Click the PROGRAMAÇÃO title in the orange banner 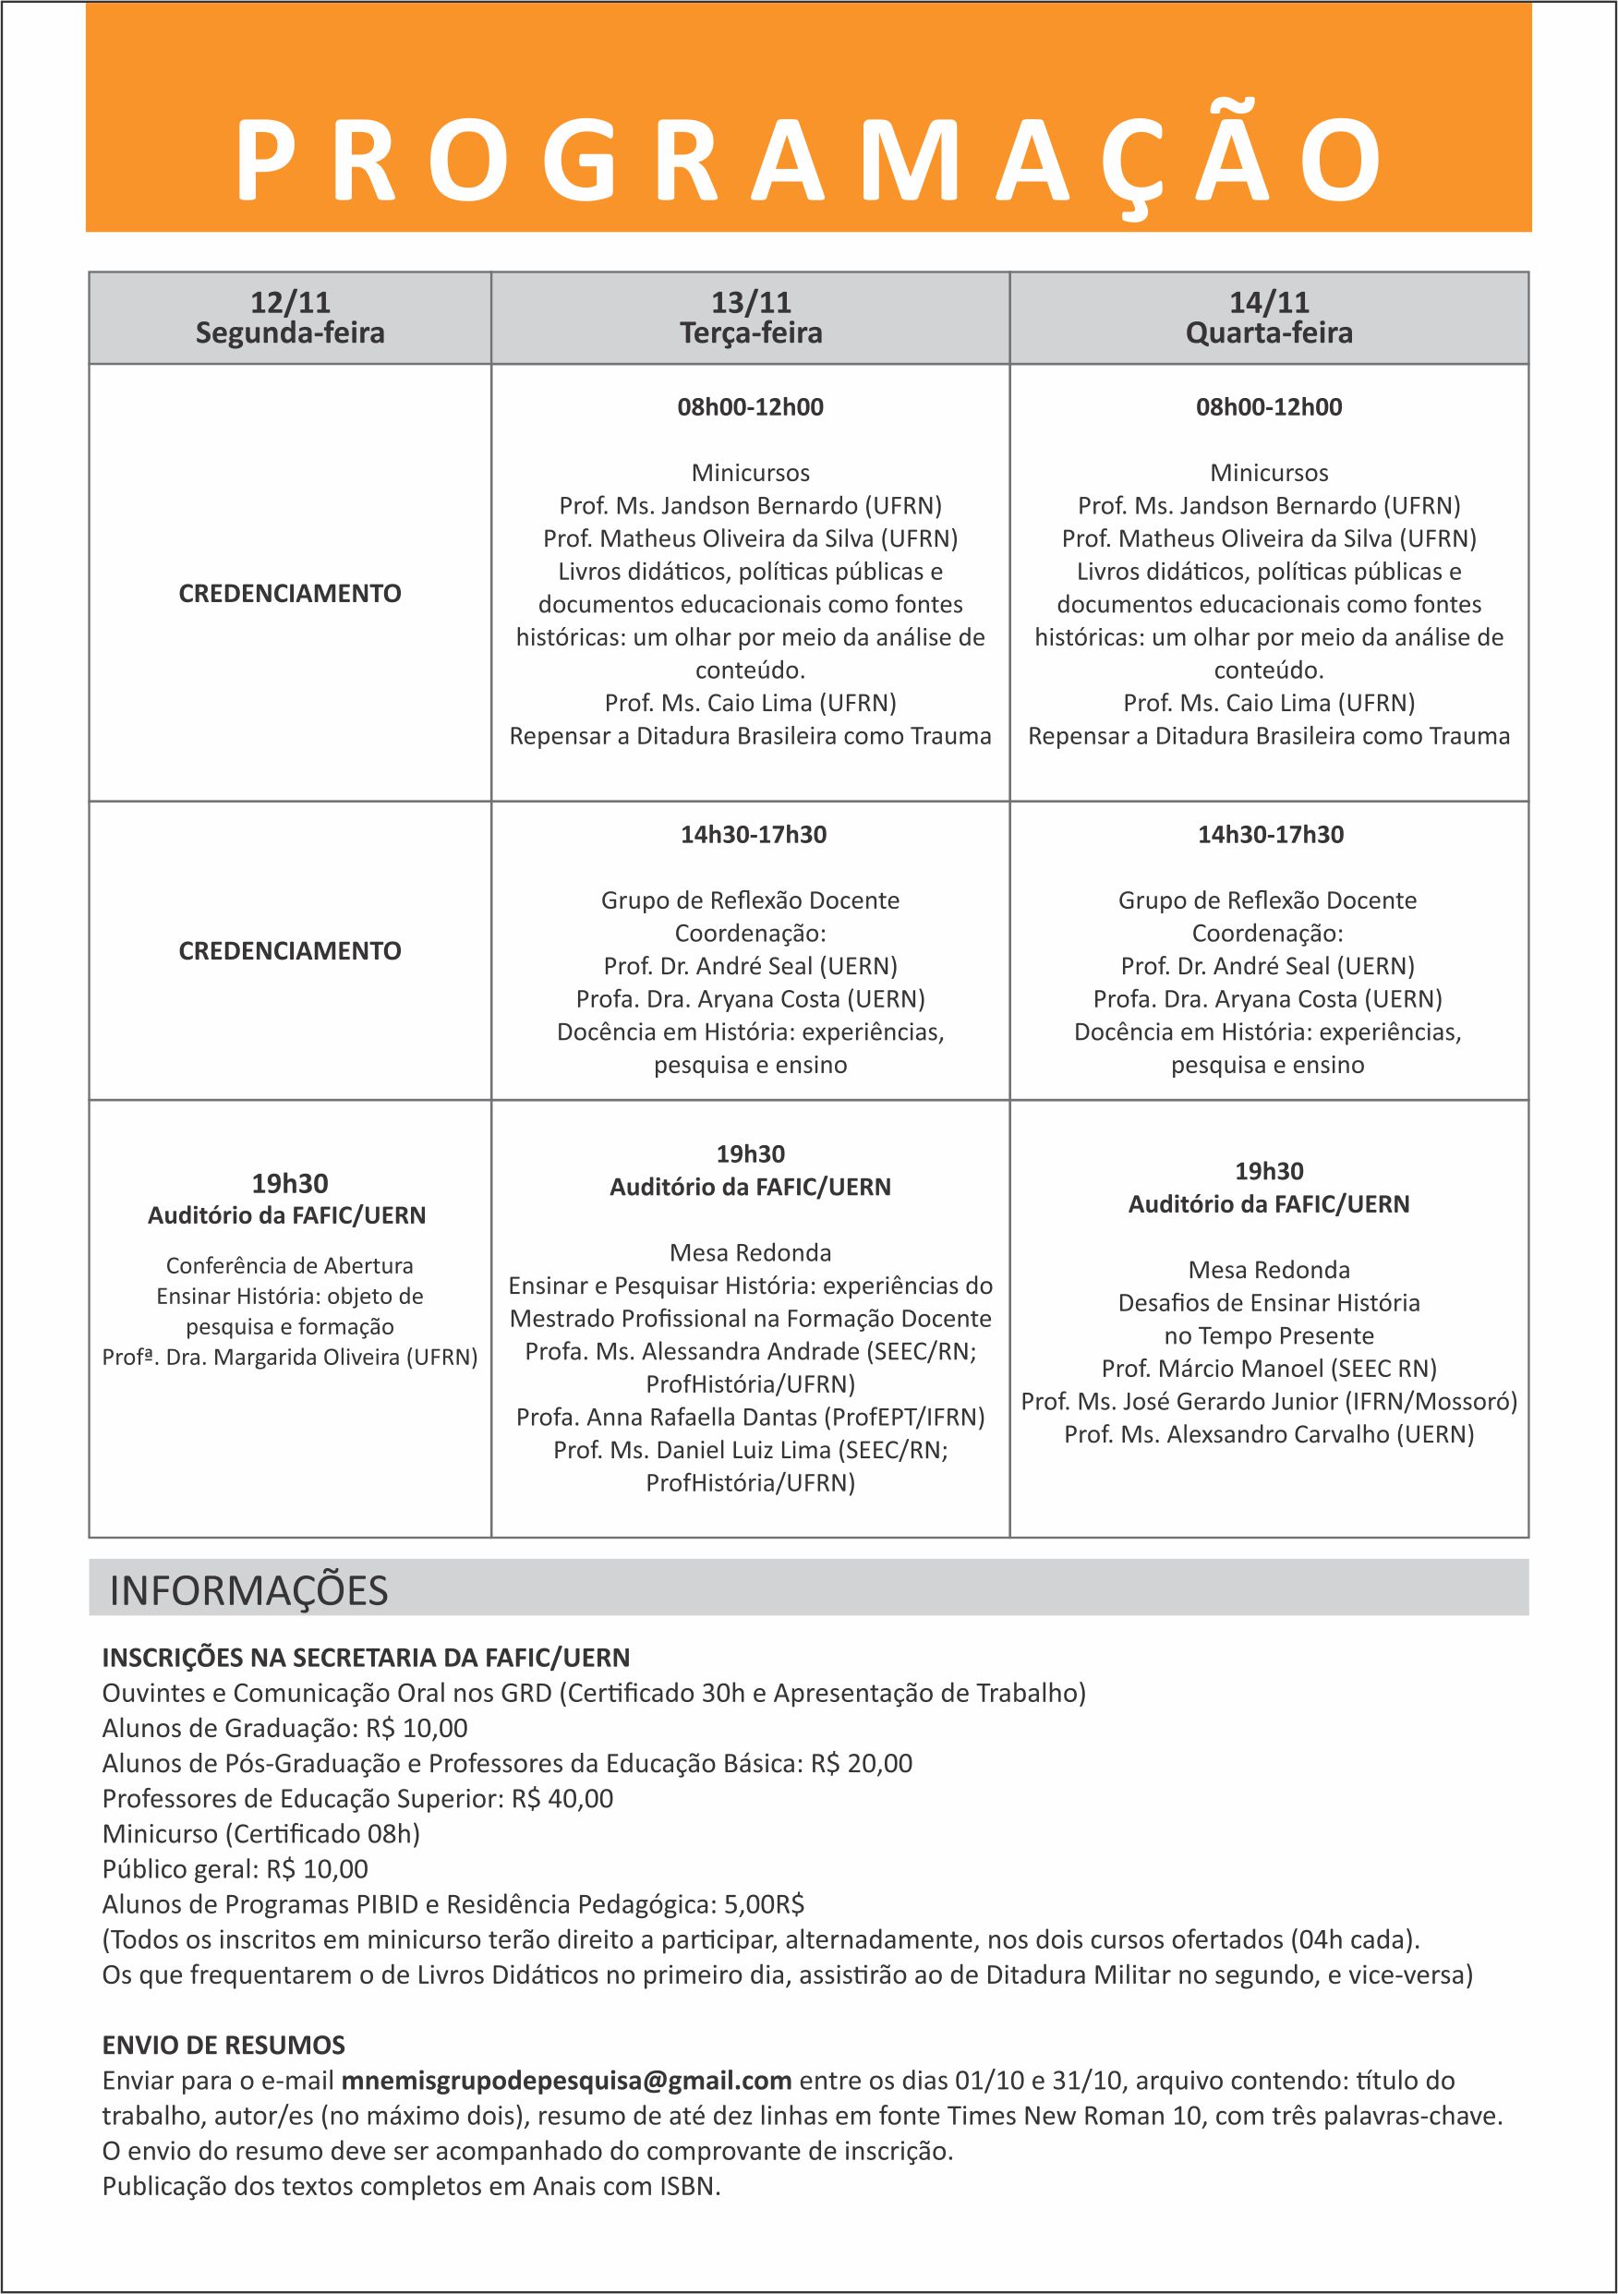(807, 160)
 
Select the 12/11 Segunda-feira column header (290, 318)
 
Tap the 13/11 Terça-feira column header (751, 318)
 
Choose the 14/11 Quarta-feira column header (1268, 318)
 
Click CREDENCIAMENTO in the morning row (290, 594)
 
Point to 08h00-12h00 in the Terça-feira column (751, 406)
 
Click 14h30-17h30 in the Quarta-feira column (1270, 834)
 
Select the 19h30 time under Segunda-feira (290, 1184)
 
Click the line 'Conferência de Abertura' (290, 1266)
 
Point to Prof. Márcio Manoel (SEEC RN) (1268, 1368)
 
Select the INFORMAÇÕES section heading (248, 1589)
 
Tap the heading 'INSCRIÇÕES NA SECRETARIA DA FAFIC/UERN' (366, 1658)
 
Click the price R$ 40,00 (562, 1798)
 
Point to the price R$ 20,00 (862, 1764)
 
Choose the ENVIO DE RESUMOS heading (223, 2046)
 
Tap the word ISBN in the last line (689, 2186)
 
